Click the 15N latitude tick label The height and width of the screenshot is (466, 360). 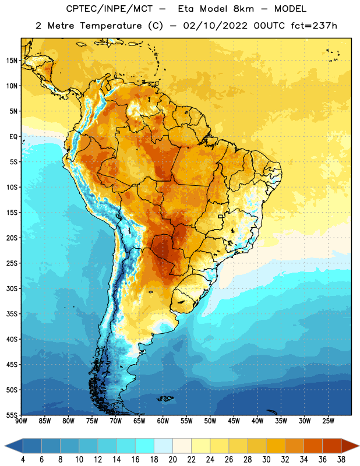[x=12, y=61]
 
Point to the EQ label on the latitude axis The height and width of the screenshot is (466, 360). [x=13, y=137]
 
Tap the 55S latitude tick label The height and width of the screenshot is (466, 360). [x=12, y=415]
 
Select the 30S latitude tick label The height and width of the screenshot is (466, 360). [x=12, y=288]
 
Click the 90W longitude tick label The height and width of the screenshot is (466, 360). [x=21, y=421]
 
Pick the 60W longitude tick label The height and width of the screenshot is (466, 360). [x=163, y=421]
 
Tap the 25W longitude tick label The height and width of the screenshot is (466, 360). [x=328, y=421]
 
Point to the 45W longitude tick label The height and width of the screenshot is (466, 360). [x=234, y=421]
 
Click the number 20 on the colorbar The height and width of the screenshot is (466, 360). [x=172, y=460]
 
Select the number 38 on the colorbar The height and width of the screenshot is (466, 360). [x=341, y=460]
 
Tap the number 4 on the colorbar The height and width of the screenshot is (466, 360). [x=23, y=460]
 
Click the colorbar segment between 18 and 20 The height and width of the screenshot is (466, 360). [x=164, y=446]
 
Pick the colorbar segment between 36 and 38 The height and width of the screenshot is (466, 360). [x=332, y=446]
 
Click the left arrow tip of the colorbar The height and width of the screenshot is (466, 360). [x=5, y=446]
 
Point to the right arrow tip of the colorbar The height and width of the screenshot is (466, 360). [x=359, y=446]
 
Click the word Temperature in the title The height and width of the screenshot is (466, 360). [x=111, y=26]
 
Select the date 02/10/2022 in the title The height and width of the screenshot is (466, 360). [x=215, y=26]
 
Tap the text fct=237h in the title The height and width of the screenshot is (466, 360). [x=314, y=26]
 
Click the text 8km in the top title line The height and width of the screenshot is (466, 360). [x=243, y=9]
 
